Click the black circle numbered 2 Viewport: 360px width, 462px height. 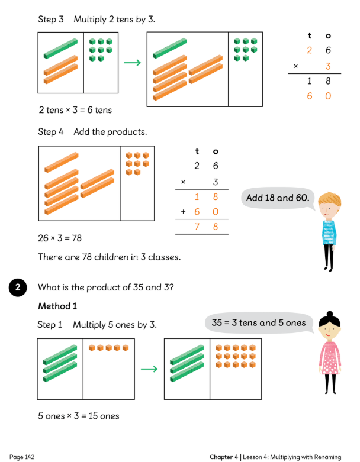click(18, 287)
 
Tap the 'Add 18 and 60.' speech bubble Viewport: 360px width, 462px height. click(278, 198)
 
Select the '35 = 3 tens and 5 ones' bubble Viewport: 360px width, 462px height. click(259, 323)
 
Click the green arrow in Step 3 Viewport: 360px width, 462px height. click(133, 63)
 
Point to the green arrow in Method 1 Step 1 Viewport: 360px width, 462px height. click(149, 369)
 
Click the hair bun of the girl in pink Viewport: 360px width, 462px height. click(330, 314)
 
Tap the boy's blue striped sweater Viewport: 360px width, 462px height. click(329, 231)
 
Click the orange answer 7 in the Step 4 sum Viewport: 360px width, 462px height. click(197, 227)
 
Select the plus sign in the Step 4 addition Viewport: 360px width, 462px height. click(183, 212)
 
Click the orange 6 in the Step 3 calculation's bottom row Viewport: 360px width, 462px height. click(309, 96)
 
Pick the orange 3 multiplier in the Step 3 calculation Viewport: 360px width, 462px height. click(328, 66)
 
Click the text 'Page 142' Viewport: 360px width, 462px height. click(22, 457)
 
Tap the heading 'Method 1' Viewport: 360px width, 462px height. click(57, 306)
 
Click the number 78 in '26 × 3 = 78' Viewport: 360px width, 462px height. click(76, 238)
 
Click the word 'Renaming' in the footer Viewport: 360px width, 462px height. click(327, 457)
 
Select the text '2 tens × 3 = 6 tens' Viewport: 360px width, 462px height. click(75, 110)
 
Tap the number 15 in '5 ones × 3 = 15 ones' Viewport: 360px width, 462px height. click(93, 416)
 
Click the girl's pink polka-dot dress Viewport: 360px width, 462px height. click(330, 358)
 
